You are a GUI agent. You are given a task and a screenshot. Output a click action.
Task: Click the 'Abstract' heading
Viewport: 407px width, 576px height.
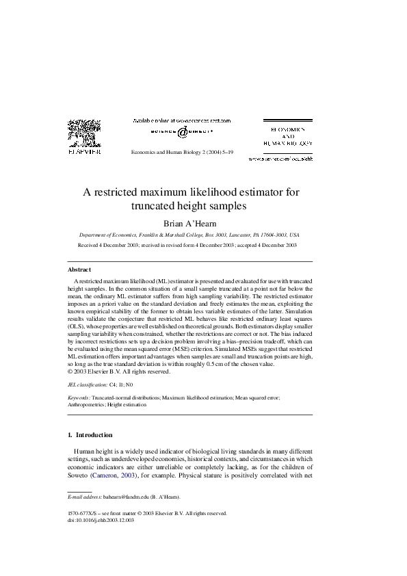click(79, 270)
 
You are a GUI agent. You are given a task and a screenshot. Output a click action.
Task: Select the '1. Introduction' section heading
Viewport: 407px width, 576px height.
click(90, 434)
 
